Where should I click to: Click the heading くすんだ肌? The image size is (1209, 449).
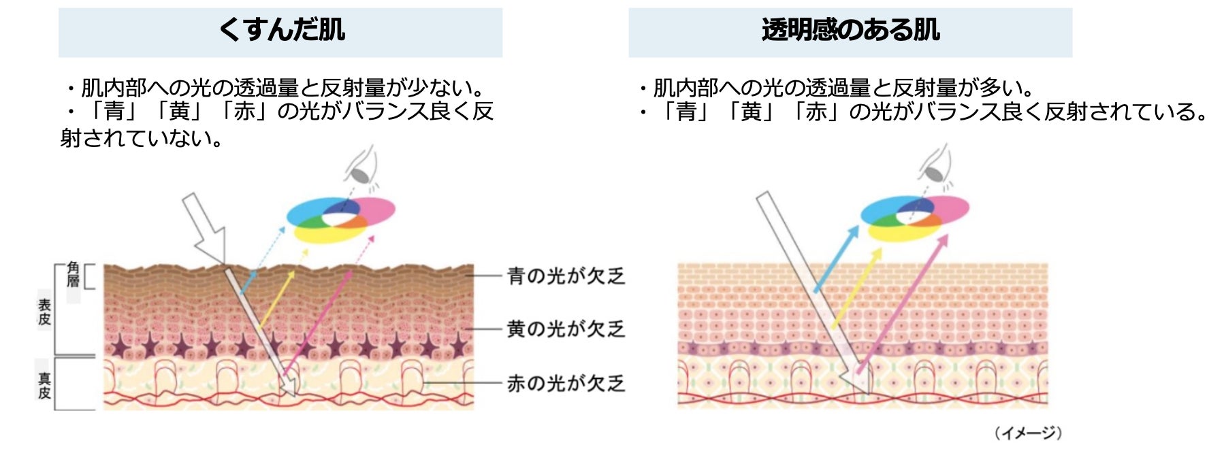coord(280,31)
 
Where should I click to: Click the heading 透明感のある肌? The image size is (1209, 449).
coord(850,31)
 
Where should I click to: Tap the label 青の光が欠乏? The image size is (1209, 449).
coord(566,276)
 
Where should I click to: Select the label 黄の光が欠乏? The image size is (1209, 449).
coord(566,329)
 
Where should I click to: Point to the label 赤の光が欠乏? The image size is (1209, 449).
coord(566,384)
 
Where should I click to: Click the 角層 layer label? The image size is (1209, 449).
coord(73,275)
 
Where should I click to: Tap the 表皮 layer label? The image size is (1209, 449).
coord(44,312)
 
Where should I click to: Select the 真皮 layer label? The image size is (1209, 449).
coord(44,386)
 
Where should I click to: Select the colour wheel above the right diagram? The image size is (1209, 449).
coord(914,218)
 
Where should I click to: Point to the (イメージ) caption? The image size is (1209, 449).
coord(1027,433)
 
